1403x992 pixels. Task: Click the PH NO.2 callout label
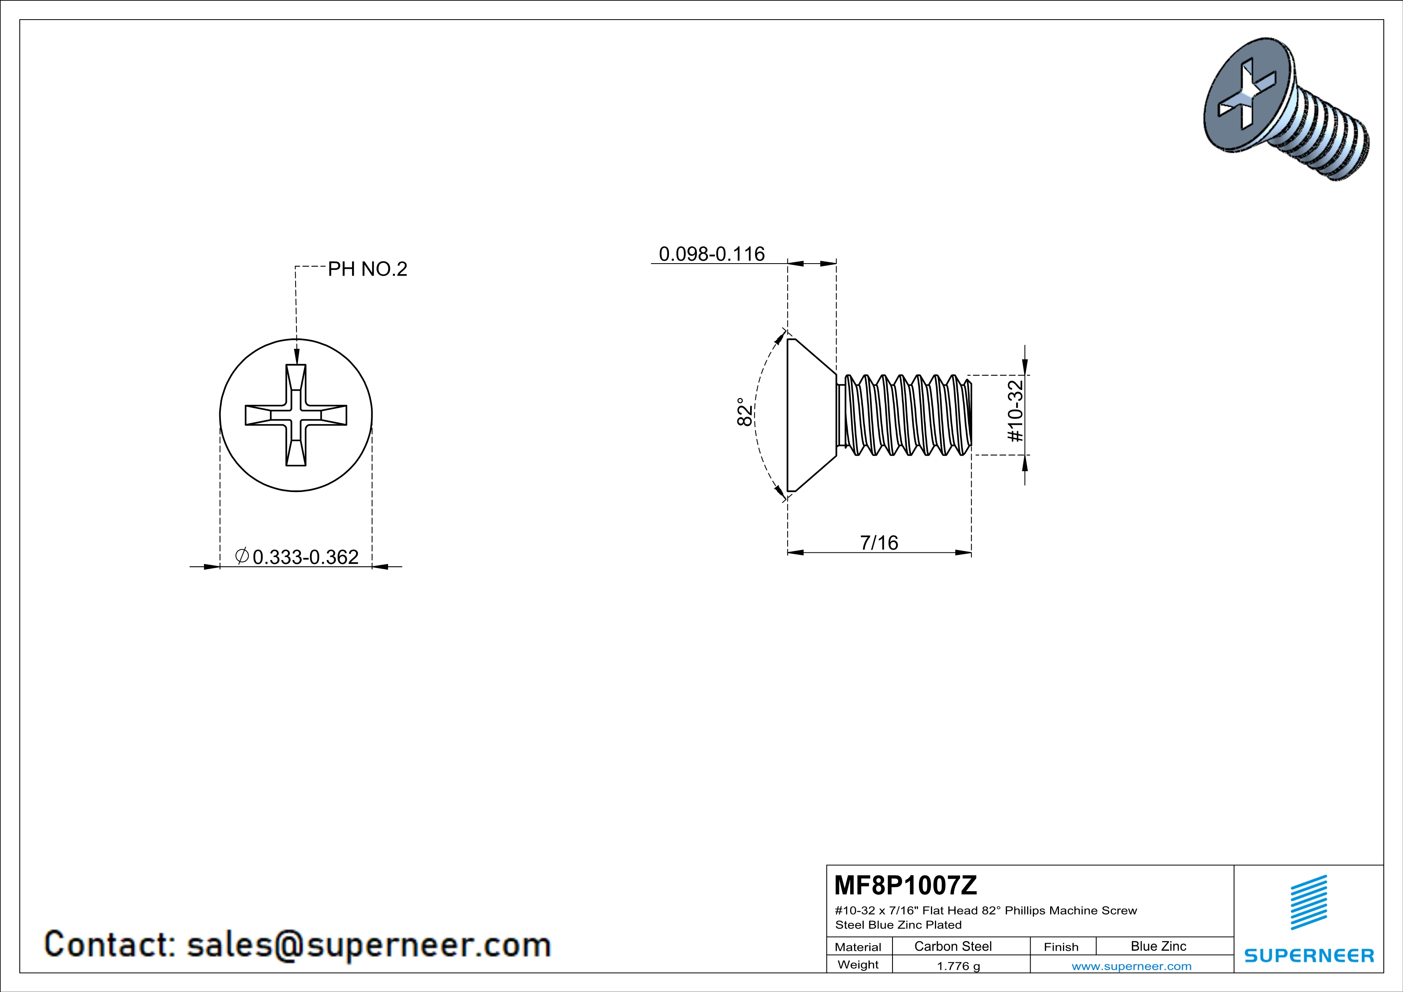click(367, 269)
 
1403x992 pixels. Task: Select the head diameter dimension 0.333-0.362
click(305, 557)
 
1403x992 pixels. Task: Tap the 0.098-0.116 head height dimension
click(711, 254)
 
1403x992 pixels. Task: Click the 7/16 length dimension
click(879, 542)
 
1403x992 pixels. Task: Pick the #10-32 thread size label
click(1015, 411)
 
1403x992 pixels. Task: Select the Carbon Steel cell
click(953, 946)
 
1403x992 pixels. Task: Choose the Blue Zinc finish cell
click(1158, 946)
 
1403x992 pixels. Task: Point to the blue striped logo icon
click(1308, 902)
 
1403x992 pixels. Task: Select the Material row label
click(858, 947)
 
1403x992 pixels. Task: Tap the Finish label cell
click(1061, 947)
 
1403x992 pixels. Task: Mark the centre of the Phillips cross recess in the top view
click(296, 415)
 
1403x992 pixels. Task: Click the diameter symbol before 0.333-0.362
click(241, 556)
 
